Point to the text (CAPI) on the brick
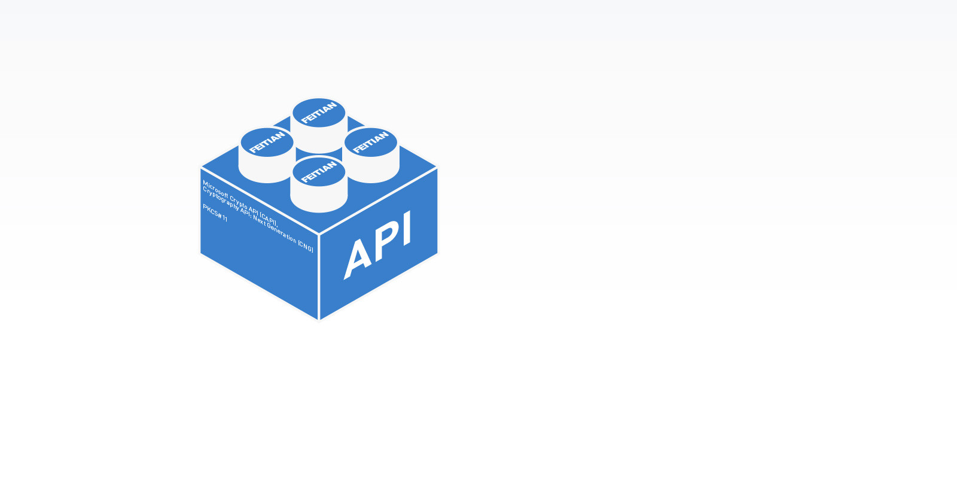(x=269, y=218)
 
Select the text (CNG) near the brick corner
(x=306, y=246)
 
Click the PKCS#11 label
(x=215, y=213)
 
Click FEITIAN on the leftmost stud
(x=267, y=143)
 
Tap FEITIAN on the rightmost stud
(x=371, y=142)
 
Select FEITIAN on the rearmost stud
(x=319, y=113)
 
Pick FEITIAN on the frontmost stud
(x=319, y=172)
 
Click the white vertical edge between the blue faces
(x=319, y=277)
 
